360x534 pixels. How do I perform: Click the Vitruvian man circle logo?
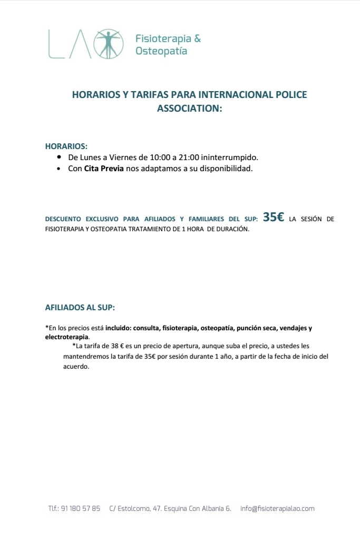[109, 43]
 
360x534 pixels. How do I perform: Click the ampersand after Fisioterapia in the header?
[198, 38]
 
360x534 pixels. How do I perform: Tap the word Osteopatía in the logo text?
[161, 52]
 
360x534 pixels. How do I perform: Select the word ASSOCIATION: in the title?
[190, 108]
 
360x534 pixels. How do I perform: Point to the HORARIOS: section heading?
[66, 146]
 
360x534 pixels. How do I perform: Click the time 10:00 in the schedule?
[160, 157]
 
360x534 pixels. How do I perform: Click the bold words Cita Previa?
[104, 169]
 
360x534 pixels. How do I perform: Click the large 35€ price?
[274, 217]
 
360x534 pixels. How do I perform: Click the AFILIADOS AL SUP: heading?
[80, 307]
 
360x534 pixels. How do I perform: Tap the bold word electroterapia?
[67, 337]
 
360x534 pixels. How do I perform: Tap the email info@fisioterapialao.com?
[277, 509]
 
